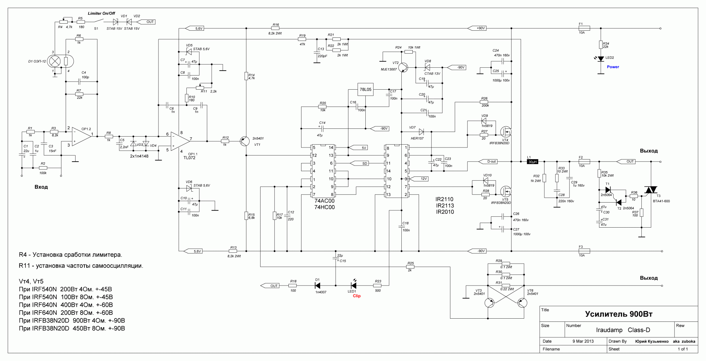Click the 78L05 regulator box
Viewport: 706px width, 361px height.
365,90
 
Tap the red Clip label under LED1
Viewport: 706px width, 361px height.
357,296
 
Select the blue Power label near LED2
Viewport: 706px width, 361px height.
613,67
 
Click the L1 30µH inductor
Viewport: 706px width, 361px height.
532,162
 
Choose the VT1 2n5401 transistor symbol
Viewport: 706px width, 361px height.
244,141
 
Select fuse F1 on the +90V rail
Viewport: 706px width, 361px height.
584,28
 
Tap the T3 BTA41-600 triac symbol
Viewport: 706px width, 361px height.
650,190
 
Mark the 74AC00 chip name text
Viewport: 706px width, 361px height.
324,201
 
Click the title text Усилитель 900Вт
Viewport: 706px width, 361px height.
618,314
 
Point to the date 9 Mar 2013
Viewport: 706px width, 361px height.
583,341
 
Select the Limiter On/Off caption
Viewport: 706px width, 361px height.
101,13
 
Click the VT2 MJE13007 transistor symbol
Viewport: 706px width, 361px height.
403,67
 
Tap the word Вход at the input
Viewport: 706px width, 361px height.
41,187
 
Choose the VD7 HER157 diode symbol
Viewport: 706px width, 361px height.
421,132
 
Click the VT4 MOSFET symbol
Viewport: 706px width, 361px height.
505,132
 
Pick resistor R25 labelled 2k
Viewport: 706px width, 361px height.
410,267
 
